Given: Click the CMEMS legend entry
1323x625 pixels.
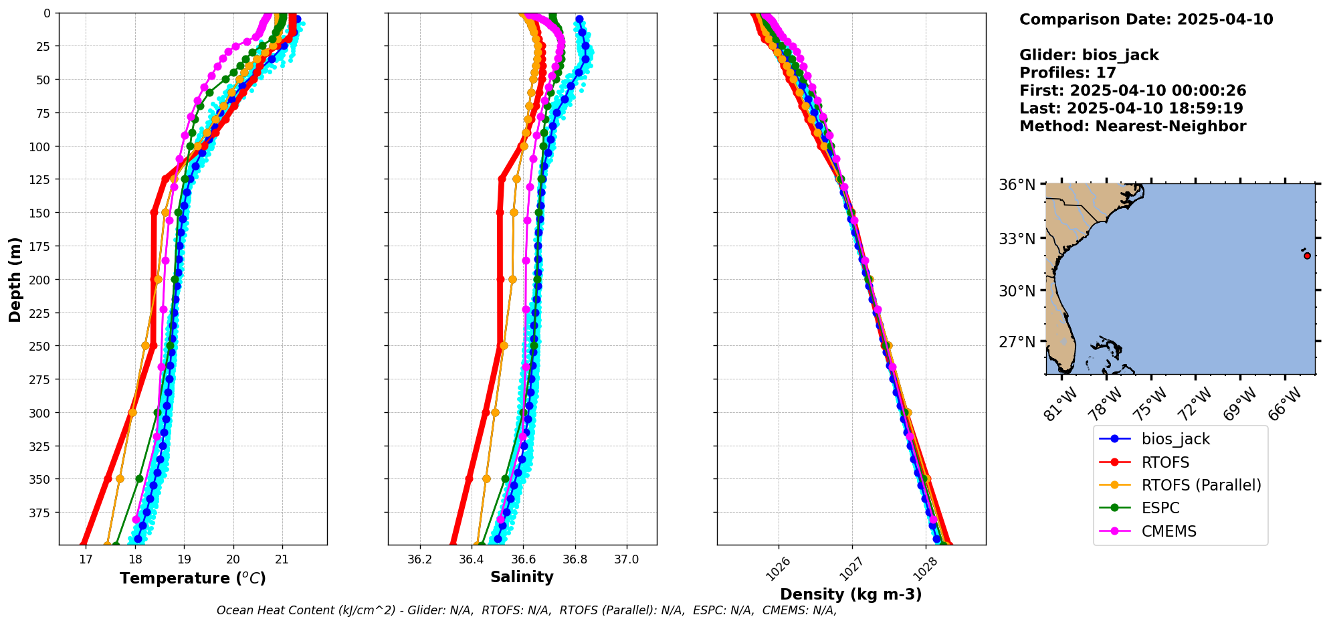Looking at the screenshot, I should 1168,531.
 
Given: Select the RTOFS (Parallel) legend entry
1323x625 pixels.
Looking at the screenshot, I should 1201,485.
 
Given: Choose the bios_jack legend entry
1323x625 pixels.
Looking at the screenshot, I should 1175,439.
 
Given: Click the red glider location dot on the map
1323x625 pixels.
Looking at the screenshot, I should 1307,256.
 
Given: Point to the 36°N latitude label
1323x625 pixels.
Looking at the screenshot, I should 1017,185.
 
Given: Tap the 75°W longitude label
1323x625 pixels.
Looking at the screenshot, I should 1149,403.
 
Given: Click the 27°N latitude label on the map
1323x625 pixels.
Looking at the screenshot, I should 1017,342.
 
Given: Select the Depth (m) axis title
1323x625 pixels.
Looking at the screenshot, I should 15,279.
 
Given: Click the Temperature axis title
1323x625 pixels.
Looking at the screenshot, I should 193,578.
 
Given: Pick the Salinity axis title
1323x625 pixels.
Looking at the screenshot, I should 522,577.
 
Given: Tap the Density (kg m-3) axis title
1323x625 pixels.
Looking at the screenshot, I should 851,594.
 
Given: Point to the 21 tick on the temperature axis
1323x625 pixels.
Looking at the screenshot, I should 282,559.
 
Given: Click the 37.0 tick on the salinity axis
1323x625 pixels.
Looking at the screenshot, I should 626,559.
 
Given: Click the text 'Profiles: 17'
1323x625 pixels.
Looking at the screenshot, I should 1067,73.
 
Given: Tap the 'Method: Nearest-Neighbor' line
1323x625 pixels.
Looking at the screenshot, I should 1132,126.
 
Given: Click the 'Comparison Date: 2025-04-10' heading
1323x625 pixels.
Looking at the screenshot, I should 1146,19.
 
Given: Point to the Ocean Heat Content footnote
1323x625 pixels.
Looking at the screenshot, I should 526,610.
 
